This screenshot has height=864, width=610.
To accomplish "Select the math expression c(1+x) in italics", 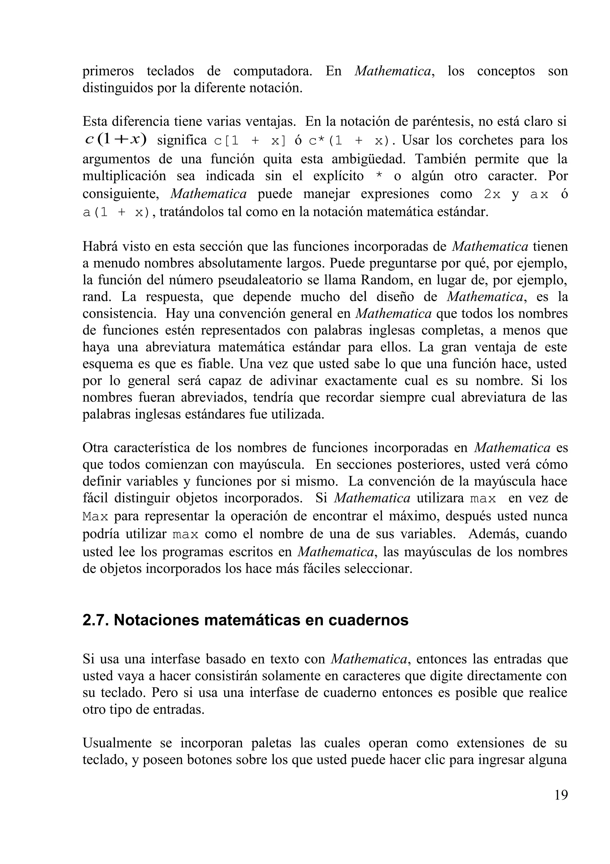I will [x=116, y=140].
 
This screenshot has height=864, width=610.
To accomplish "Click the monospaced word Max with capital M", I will [x=95, y=517].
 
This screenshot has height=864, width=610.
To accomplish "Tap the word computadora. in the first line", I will [x=273, y=71].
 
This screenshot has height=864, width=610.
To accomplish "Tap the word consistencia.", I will [x=120, y=314].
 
